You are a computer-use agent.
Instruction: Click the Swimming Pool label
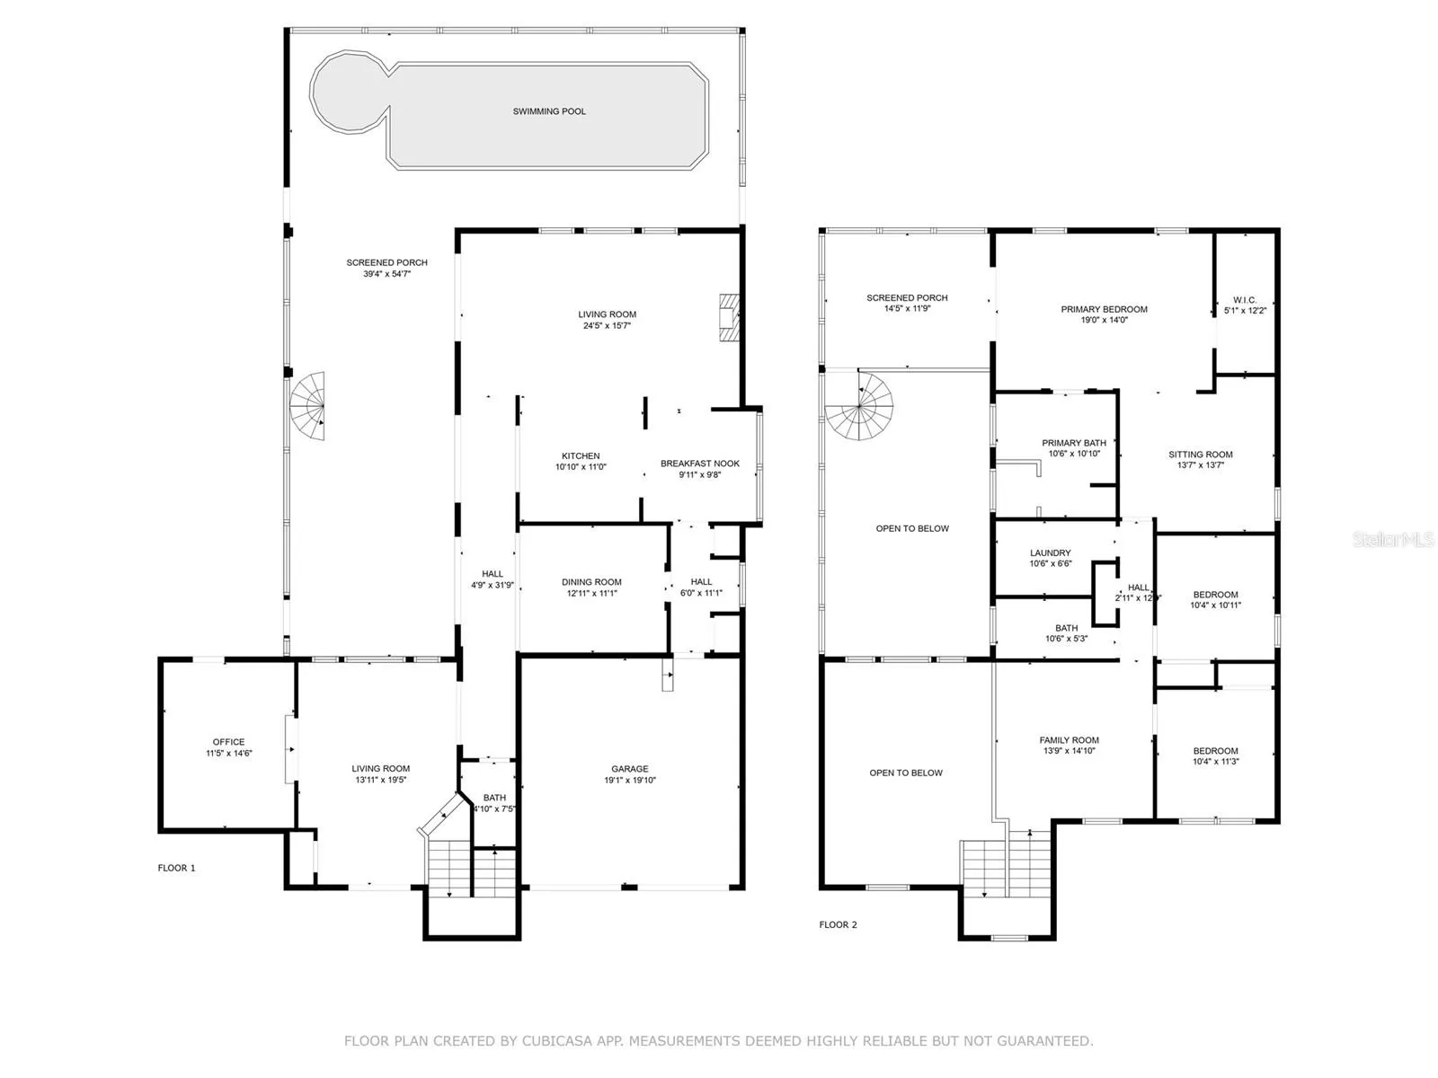tap(549, 111)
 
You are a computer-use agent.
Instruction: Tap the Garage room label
tap(630, 768)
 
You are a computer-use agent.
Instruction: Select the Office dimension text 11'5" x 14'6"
tap(228, 754)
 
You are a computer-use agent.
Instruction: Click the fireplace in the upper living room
tap(729, 318)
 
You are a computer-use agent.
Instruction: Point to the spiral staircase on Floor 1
tap(308, 406)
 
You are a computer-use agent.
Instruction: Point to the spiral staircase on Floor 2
tap(858, 406)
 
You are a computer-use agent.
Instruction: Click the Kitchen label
tap(581, 455)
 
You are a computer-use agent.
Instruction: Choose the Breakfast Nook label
tap(699, 464)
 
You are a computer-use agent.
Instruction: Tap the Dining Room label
tap(590, 582)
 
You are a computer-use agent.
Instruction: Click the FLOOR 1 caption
tap(176, 868)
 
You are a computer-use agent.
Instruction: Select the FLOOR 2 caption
tap(838, 925)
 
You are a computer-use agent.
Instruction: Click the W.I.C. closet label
tap(1245, 300)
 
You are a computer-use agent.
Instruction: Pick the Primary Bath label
tap(1074, 443)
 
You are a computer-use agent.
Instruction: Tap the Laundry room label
tap(1050, 553)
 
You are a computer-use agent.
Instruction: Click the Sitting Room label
tap(1200, 455)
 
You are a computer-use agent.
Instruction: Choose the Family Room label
tap(1069, 740)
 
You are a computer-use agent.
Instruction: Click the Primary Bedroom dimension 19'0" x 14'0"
tap(1104, 320)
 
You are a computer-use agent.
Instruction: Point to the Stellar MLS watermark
tap(1393, 539)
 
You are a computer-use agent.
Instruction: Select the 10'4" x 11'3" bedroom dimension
tap(1215, 761)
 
